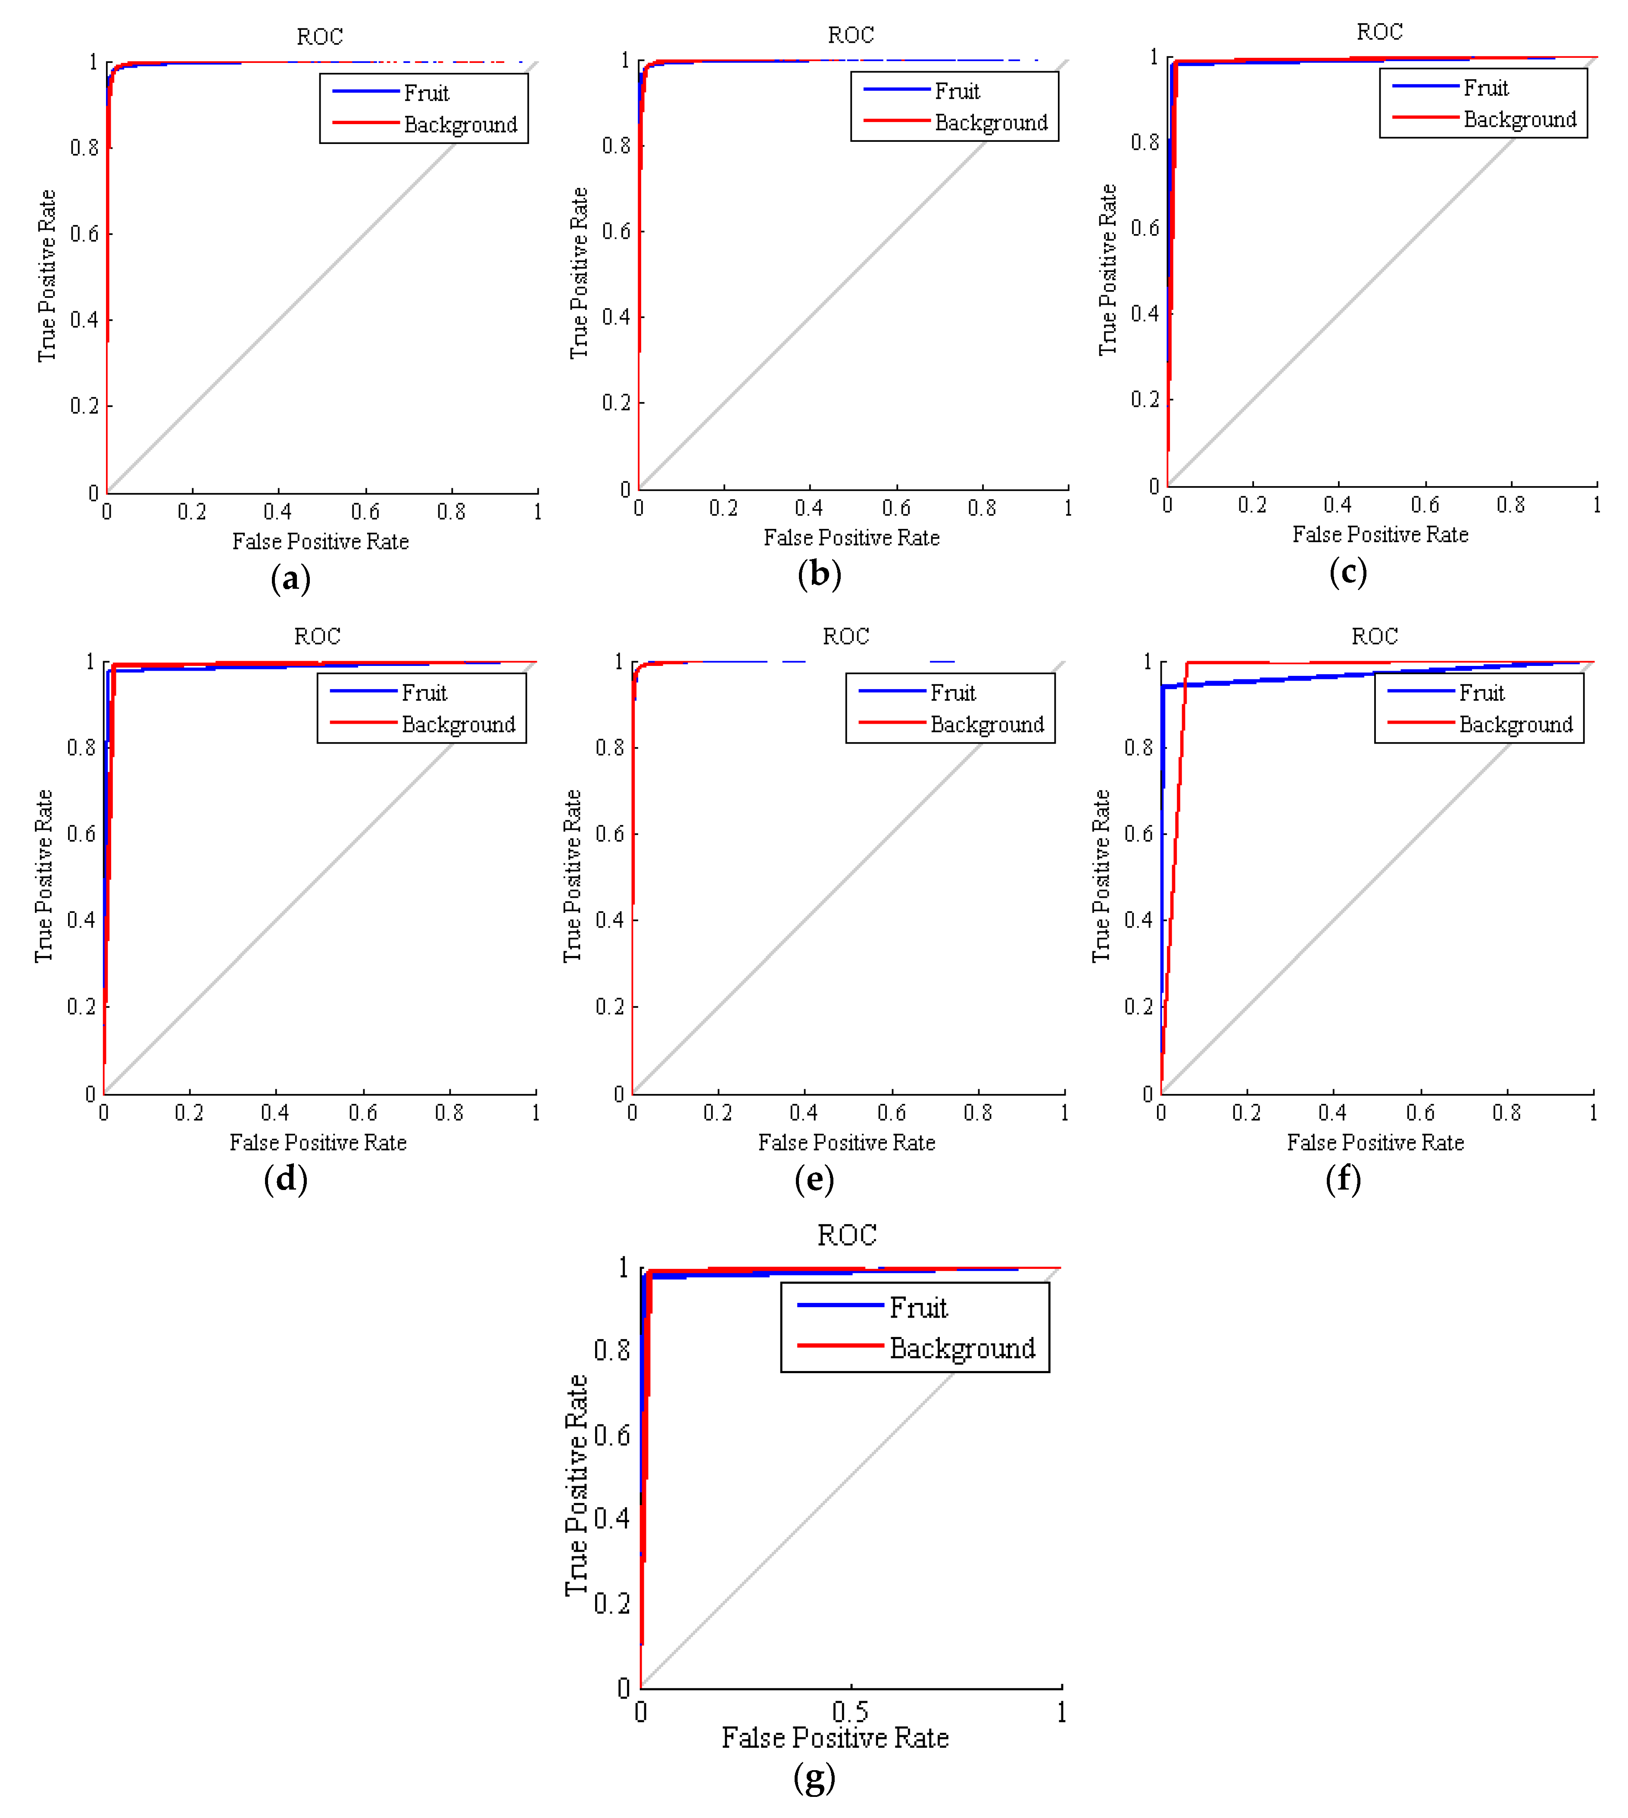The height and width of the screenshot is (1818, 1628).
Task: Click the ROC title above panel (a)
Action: click(319, 37)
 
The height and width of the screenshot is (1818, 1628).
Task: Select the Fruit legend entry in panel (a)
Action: click(426, 93)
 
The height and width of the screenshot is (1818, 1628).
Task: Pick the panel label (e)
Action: click(814, 1179)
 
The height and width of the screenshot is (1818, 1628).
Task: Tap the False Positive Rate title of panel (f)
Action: click(1375, 1143)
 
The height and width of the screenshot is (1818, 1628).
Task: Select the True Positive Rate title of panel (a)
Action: click(47, 275)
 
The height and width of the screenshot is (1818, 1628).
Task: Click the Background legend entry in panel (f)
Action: click(1515, 725)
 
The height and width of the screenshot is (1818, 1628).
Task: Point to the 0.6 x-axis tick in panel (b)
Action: click(895, 508)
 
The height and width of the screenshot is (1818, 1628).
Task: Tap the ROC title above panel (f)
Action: click(1374, 636)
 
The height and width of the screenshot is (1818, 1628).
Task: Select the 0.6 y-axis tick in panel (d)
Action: click(81, 834)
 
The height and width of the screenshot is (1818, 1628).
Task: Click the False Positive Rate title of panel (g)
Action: click(835, 1737)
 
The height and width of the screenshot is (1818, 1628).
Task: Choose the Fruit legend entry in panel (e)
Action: click(953, 693)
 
